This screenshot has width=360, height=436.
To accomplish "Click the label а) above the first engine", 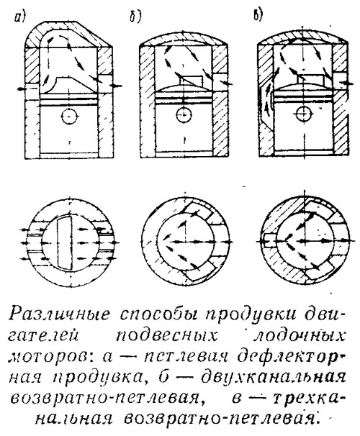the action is tap(19, 19).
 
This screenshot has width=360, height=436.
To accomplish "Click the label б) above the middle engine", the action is tap(135, 17).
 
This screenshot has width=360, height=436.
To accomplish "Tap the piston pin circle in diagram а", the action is tap(68, 117).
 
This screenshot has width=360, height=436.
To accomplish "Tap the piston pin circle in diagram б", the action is tap(184, 114).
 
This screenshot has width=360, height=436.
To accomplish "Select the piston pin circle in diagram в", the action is tap(304, 114).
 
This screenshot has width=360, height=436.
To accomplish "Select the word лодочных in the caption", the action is tap(299, 336).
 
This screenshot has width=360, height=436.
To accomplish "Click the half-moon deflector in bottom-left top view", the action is tap(65, 242).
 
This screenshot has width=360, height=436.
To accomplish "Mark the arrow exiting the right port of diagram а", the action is tap(116, 85).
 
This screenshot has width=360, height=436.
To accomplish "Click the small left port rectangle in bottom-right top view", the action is tap(269, 240).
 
